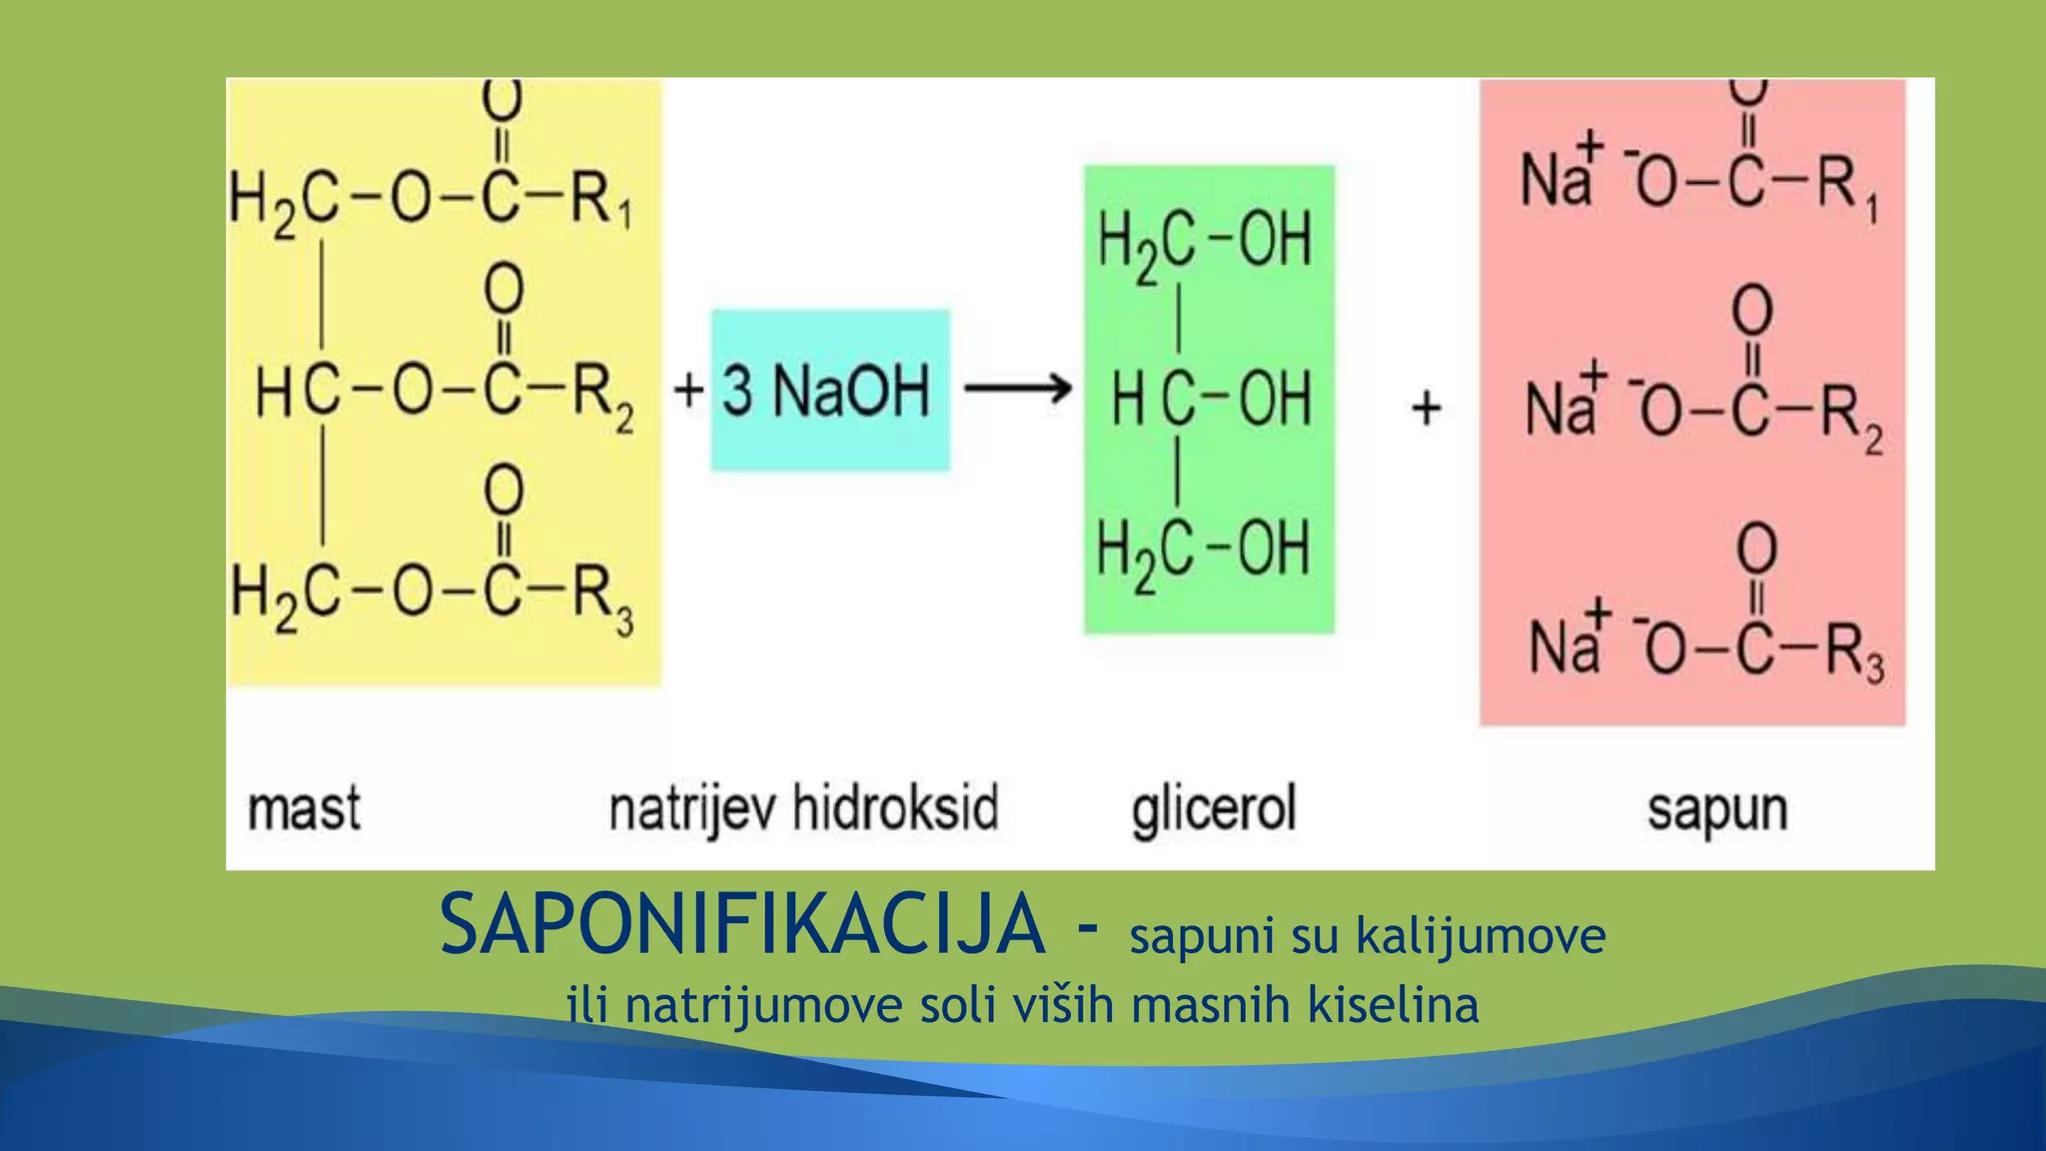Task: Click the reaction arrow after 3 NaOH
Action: tap(1017, 388)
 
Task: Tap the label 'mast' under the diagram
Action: tap(304, 808)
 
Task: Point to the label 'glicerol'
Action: tap(1214, 808)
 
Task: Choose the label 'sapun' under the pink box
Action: tap(1717, 810)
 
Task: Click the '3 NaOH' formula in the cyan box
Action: tap(826, 390)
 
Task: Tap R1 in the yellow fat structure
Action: tap(600, 199)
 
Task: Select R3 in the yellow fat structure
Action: tap(602, 596)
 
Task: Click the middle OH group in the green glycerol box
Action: tap(1275, 399)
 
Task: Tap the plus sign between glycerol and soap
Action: tap(1427, 408)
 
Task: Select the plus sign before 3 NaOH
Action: tap(688, 390)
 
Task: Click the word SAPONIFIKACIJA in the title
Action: tap(741, 925)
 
